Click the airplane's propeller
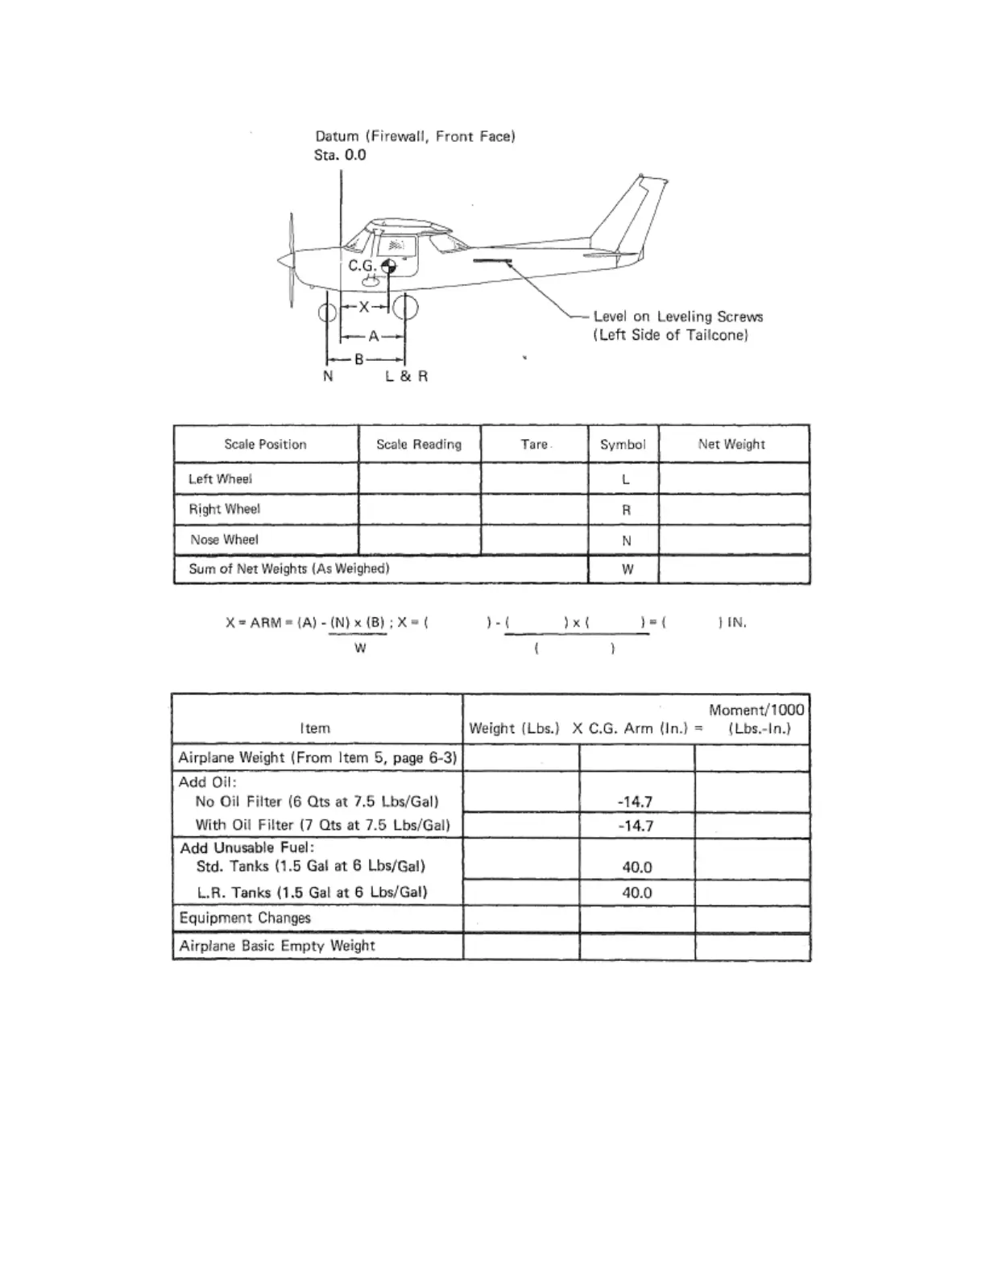click(x=292, y=259)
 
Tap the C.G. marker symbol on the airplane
click(x=389, y=267)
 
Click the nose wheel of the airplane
click(x=327, y=312)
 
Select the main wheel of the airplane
click(x=404, y=308)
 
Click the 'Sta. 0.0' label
click(x=340, y=155)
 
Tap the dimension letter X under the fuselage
click(x=364, y=307)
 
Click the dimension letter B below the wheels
click(x=359, y=359)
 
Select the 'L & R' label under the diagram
click(x=406, y=376)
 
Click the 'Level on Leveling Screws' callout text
click(x=677, y=317)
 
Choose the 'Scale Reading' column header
click(x=419, y=445)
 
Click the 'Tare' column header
click(x=534, y=445)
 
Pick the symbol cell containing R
click(x=626, y=510)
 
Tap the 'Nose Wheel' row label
click(x=224, y=540)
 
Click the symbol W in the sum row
click(x=627, y=570)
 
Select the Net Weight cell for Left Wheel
click(x=733, y=478)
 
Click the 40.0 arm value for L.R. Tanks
click(x=636, y=893)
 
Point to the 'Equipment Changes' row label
click(x=245, y=918)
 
